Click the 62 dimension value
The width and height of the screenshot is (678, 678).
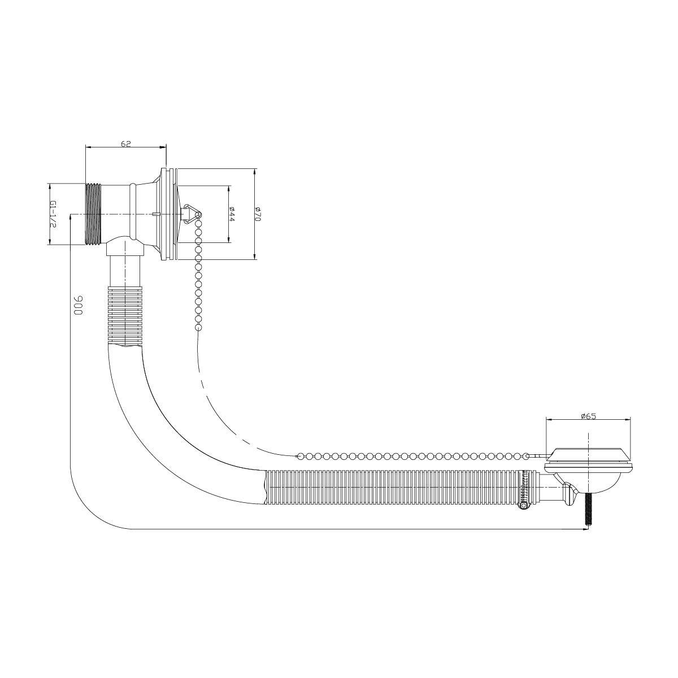click(x=125, y=144)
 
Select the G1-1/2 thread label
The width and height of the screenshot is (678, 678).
click(x=52, y=214)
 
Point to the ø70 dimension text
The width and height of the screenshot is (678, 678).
click(x=257, y=214)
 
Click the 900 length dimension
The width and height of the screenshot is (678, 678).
click(x=78, y=306)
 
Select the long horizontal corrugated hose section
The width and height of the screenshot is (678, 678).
click(x=390, y=487)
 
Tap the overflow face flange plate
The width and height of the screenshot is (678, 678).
click(x=164, y=214)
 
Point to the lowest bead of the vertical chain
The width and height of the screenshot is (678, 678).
click(x=198, y=328)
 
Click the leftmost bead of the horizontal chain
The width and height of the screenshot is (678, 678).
click(x=300, y=455)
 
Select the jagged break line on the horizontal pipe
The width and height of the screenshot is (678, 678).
click(x=265, y=486)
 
